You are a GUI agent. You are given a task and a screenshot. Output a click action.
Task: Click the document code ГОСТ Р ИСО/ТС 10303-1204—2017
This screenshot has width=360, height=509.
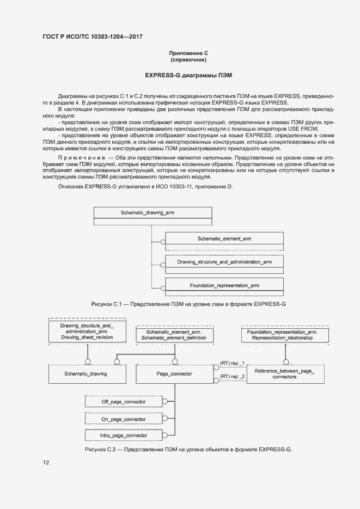[95, 36]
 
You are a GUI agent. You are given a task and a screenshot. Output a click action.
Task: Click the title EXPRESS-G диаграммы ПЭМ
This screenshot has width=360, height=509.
[188, 74]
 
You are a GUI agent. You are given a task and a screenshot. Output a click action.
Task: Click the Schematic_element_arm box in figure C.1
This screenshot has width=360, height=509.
[224, 239]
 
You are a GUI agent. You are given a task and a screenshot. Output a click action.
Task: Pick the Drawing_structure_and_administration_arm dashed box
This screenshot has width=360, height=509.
[224, 262]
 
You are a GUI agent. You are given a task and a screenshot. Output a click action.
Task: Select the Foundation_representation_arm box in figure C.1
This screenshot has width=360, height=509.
[224, 285]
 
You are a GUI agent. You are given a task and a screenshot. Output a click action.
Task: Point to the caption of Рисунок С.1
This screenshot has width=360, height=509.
[188, 303]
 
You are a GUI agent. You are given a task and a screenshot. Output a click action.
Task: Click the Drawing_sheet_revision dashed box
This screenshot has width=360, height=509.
[87, 332]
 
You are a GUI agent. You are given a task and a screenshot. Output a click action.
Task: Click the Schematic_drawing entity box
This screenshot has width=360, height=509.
[86, 374]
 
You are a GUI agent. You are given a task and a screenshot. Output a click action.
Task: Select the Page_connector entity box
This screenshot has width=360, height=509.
[174, 374]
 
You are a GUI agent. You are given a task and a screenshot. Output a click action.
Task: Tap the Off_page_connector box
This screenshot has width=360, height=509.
[124, 402]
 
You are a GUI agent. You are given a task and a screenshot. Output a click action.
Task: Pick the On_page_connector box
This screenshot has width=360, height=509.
[124, 419]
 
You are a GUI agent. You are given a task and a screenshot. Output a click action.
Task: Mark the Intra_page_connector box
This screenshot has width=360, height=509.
[124, 436]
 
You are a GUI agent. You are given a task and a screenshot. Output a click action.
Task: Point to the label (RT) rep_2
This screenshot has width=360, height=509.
[232, 376]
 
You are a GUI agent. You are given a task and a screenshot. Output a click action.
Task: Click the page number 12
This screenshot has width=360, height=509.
[46, 463]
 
